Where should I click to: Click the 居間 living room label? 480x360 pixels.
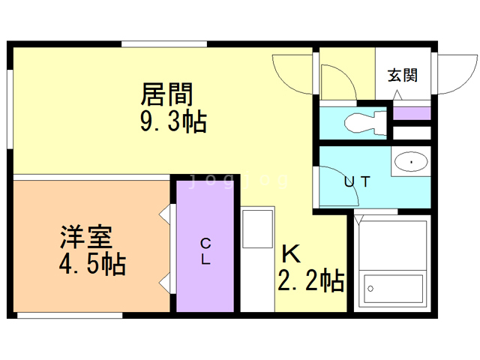(x=167, y=94)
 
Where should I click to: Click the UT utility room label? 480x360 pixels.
(x=355, y=181)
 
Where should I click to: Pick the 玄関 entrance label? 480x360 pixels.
(x=403, y=75)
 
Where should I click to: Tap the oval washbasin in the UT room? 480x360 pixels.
(x=410, y=160)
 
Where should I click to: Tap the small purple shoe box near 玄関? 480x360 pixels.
(x=412, y=114)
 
